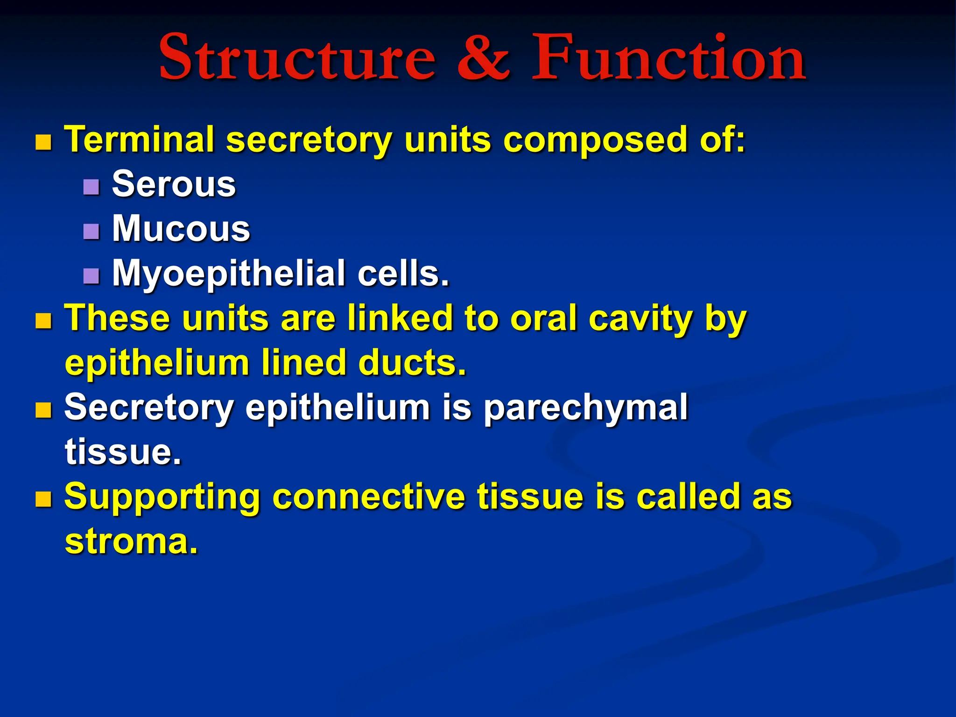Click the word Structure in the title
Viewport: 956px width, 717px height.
tap(297, 58)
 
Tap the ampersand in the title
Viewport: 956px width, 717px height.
tap(483, 58)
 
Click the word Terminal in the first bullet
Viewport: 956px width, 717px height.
tap(139, 140)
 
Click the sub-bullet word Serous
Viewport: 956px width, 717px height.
tap(174, 184)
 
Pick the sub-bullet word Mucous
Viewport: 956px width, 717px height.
tap(181, 229)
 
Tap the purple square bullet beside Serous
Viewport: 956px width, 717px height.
tap(91, 187)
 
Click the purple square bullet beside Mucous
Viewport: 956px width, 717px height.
tap(91, 232)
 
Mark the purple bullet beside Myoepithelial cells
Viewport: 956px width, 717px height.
tap(91, 276)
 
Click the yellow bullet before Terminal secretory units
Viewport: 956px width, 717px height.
tap(43, 142)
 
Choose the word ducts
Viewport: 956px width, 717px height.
tap(412, 363)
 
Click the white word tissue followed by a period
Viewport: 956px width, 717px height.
tap(123, 452)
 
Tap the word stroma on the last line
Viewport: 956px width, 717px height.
tap(131, 541)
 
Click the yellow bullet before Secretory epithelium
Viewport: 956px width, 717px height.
tap(43, 410)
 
